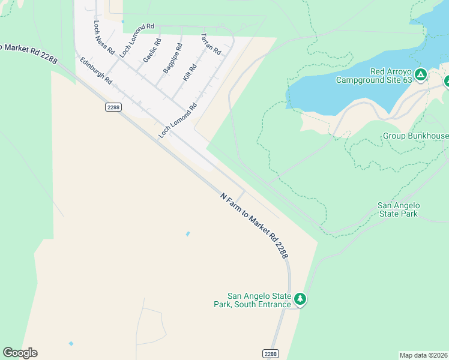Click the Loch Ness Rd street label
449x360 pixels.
(104, 38)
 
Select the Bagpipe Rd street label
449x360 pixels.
(172, 58)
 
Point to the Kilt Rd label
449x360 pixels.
(190, 73)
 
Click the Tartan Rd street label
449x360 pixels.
(211, 44)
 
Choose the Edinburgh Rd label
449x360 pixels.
(96, 70)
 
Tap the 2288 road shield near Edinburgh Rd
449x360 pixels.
(113, 107)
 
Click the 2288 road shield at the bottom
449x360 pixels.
(271, 354)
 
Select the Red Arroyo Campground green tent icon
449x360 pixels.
(421, 74)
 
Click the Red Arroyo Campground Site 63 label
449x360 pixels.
(373, 76)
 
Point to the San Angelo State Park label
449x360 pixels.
(398, 209)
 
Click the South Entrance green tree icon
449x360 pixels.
(300, 299)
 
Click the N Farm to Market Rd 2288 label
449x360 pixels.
(255, 226)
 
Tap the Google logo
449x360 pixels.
(20, 353)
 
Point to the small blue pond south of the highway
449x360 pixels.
(188, 233)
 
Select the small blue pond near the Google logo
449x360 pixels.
(71, 344)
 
